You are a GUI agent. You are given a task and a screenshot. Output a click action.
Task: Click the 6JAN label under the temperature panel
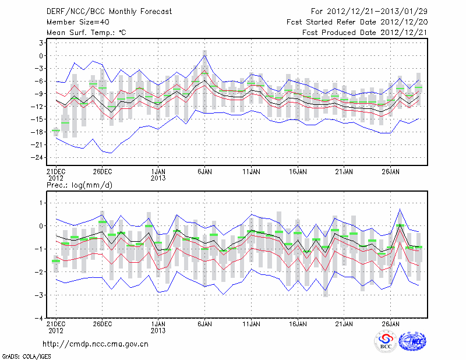click(x=204, y=172)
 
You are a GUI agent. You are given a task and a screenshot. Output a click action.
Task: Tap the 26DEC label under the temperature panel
click(x=102, y=172)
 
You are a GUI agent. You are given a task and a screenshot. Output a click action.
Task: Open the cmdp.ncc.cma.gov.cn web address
click(x=96, y=344)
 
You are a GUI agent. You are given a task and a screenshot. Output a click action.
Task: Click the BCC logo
click(x=386, y=342)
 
